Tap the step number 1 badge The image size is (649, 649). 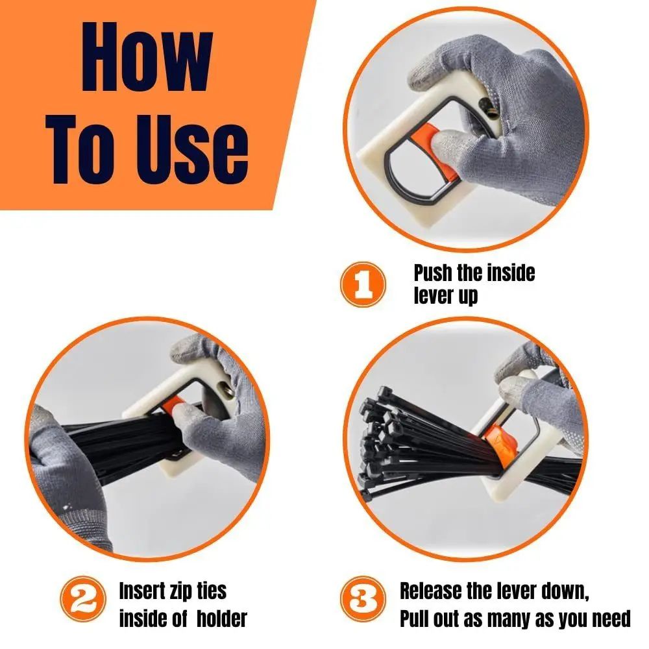[x=362, y=283]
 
